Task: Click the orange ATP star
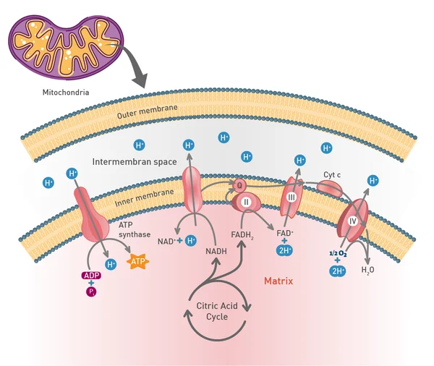tap(137, 261)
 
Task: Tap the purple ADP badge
tap(91, 276)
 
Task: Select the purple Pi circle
tap(91, 291)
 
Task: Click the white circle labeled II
tap(246, 202)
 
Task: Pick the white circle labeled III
tap(292, 197)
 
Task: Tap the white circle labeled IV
tap(352, 221)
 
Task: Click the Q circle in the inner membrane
tap(239, 185)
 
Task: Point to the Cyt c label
tap(332, 175)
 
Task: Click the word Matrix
tap(278, 281)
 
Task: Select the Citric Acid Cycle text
tap(217, 311)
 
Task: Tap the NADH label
tap(216, 251)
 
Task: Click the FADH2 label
tap(242, 235)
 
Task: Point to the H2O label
tap(368, 270)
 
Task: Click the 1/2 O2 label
tap(338, 253)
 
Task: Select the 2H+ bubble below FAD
tap(284, 250)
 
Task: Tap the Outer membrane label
tap(147, 111)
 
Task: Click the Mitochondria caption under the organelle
tap(66, 92)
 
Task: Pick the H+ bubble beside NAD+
tap(191, 241)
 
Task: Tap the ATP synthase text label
tap(135, 229)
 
